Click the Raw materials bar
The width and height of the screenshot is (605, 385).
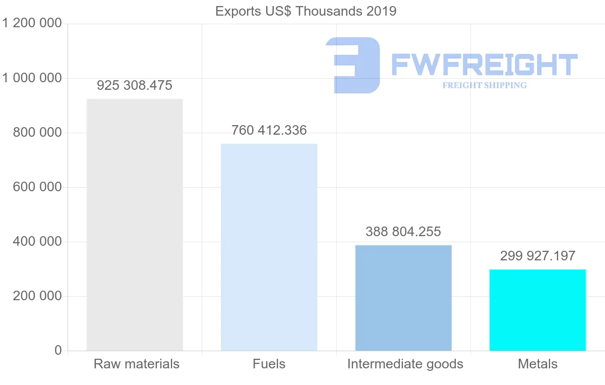(135, 225)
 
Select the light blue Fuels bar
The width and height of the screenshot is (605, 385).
(269, 247)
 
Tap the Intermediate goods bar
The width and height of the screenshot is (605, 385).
(403, 298)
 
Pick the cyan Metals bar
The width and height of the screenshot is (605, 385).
(537, 310)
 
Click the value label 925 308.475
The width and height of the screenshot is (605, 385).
(135, 85)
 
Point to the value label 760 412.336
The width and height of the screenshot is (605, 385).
(269, 130)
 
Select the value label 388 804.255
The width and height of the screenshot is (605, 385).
(403, 232)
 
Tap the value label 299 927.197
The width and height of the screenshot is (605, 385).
(537, 256)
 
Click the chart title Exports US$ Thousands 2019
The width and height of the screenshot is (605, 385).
(306, 11)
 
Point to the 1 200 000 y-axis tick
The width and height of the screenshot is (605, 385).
(32, 23)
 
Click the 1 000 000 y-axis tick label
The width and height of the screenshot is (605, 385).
(32, 78)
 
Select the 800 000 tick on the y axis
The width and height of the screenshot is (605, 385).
(36, 133)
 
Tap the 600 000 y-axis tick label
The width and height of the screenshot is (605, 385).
(36, 187)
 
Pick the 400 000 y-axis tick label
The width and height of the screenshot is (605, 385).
(36, 242)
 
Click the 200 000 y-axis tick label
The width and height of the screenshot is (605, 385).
(36, 296)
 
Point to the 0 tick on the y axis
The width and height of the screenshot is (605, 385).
(57, 351)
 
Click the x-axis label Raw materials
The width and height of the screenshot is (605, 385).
(137, 364)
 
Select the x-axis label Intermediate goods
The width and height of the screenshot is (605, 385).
(405, 364)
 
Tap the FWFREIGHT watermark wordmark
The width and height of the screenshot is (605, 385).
(484, 65)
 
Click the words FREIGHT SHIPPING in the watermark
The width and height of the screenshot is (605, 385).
(485, 85)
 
